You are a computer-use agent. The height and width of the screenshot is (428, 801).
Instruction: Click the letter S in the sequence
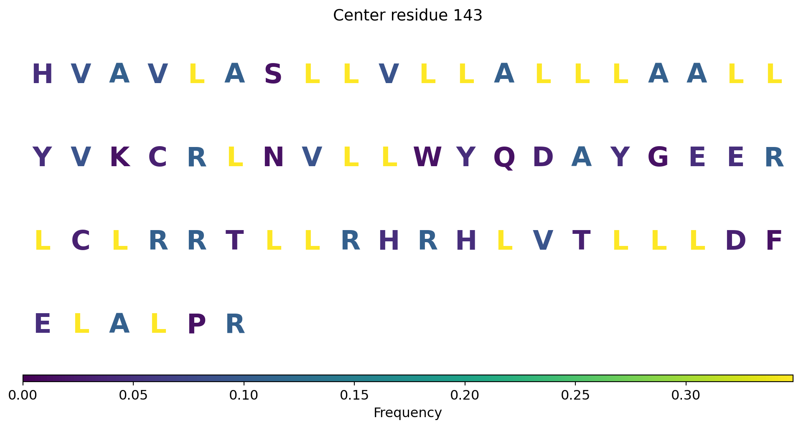pyautogui.click(x=273, y=74)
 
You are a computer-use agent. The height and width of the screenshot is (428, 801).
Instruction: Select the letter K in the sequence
pyautogui.click(x=120, y=158)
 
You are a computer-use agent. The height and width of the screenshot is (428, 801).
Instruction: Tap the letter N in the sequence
pyautogui.click(x=273, y=158)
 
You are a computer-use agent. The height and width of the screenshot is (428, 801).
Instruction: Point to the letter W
pyautogui.click(x=427, y=158)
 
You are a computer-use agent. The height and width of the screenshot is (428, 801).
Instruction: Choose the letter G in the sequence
pyautogui.click(x=658, y=158)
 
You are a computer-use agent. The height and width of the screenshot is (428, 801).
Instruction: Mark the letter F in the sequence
pyautogui.click(x=773, y=241)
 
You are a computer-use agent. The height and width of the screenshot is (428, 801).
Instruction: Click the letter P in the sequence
pyautogui.click(x=196, y=324)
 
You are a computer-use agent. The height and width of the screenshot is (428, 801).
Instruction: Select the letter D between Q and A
pyautogui.click(x=543, y=158)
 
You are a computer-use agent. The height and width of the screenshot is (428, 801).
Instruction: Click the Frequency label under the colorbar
pyautogui.click(x=407, y=413)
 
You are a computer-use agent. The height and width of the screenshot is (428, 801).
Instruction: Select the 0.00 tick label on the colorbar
pyautogui.click(x=23, y=395)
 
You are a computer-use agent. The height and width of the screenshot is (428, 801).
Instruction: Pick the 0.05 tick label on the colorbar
pyautogui.click(x=133, y=395)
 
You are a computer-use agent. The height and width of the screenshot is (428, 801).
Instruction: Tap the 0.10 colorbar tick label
pyautogui.click(x=244, y=395)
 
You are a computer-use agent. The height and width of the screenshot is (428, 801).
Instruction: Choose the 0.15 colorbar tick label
pyautogui.click(x=354, y=395)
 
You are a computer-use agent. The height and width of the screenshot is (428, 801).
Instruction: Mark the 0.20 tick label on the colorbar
pyautogui.click(x=465, y=395)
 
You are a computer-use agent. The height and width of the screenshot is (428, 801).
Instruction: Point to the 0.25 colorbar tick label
pyautogui.click(x=575, y=395)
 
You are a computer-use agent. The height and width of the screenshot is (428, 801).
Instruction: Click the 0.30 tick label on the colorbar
pyautogui.click(x=686, y=395)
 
